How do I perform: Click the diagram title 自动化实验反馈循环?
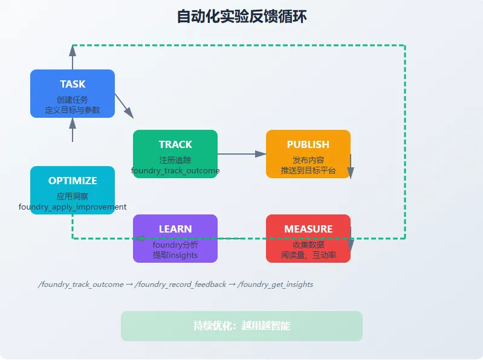click(241, 16)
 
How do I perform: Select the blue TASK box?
click(73, 93)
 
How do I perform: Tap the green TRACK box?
click(175, 153)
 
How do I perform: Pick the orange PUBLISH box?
click(308, 153)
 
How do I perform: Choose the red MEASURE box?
click(308, 238)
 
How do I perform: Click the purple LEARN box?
click(175, 238)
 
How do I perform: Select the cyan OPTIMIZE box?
click(73, 190)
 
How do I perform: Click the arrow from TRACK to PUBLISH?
click(242, 154)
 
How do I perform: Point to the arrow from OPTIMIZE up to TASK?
click(73, 129)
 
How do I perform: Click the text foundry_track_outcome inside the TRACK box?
click(175, 171)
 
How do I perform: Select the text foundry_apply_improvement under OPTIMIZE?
click(73, 207)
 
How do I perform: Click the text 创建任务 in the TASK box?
click(73, 100)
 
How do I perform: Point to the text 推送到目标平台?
click(308, 171)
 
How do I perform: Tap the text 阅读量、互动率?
click(308, 256)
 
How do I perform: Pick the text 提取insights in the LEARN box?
click(175, 256)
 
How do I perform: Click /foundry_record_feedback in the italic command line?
click(183, 284)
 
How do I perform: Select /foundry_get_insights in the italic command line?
click(276, 284)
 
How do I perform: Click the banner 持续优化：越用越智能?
click(241, 326)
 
